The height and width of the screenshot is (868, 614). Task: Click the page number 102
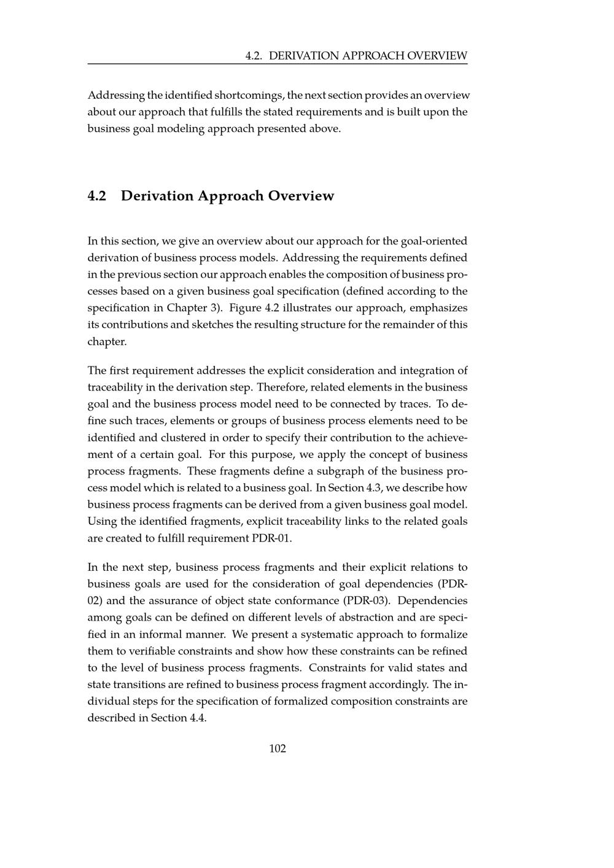pyautogui.click(x=278, y=748)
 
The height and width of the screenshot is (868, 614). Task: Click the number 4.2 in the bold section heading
pyautogui.click(x=97, y=196)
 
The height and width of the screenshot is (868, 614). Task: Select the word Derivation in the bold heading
pyautogui.click(x=157, y=196)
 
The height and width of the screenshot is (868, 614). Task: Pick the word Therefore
pyautogui.click(x=282, y=387)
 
